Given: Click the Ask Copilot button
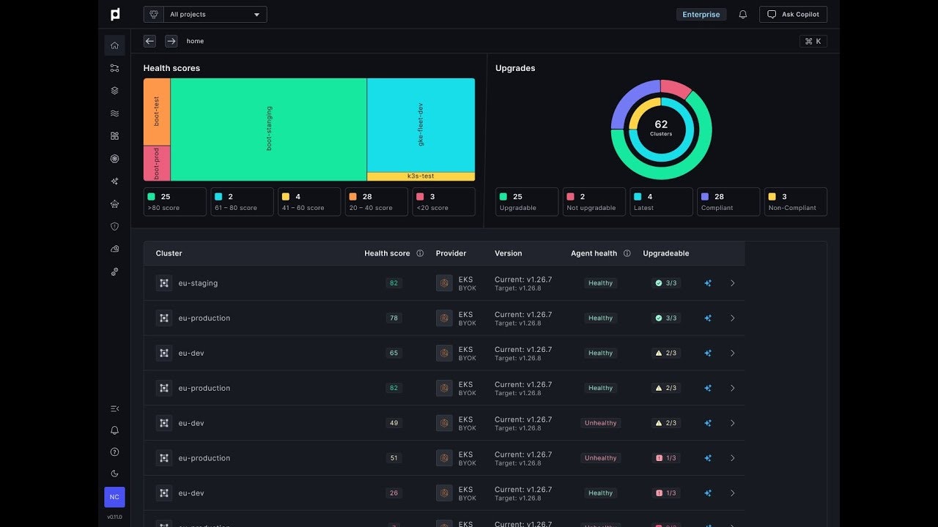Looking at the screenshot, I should [x=794, y=15].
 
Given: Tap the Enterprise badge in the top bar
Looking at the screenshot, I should [x=701, y=15].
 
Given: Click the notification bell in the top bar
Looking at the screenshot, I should [x=743, y=15].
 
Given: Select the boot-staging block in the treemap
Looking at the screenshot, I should [x=268, y=129].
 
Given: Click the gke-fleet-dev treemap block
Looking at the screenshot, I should [x=421, y=124].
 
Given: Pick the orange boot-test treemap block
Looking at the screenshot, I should [x=157, y=111].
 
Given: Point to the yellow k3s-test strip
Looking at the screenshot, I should [x=421, y=176].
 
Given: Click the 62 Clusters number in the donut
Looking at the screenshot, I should [x=661, y=125].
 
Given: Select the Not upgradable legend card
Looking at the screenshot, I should [x=594, y=202].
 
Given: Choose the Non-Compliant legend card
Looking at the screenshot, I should [x=795, y=202].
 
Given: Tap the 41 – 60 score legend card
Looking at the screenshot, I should [x=309, y=202].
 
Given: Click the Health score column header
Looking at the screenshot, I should [x=387, y=253].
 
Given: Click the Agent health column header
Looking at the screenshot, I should [x=594, y=253].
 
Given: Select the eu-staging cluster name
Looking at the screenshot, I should [x=198, y=283].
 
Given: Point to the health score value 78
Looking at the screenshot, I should [x=394, y=318].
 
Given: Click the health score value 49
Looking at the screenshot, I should [x=394, y=423].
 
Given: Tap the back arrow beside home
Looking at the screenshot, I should [x=149, y=41].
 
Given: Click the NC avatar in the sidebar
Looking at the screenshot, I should [x=114, y=497].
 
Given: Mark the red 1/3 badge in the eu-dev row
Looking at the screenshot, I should [x=666, y=493].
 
